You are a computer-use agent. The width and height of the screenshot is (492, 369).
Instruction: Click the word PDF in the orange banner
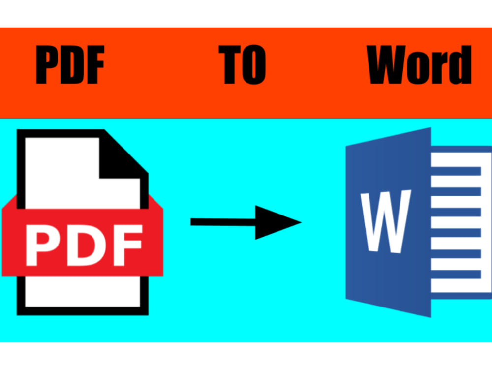tap(70, 64)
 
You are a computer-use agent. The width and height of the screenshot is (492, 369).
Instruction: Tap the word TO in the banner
tap(242, 64)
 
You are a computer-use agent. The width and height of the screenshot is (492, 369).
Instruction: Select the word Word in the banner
tap(419, 64)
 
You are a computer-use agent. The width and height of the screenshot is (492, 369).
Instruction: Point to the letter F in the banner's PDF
tap(96, 64)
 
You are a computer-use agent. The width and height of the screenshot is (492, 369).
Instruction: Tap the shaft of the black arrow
tap(223, 222)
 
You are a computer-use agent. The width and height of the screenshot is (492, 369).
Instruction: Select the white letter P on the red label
tap(42, 245)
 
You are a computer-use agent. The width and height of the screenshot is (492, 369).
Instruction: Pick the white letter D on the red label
tap(85, 245)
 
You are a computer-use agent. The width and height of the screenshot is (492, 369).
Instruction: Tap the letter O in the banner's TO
tap(254, 64)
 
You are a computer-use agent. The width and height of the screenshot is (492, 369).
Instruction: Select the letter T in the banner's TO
tap(229, 64)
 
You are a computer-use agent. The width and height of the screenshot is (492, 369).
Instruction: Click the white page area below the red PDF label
tap(83, 291)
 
